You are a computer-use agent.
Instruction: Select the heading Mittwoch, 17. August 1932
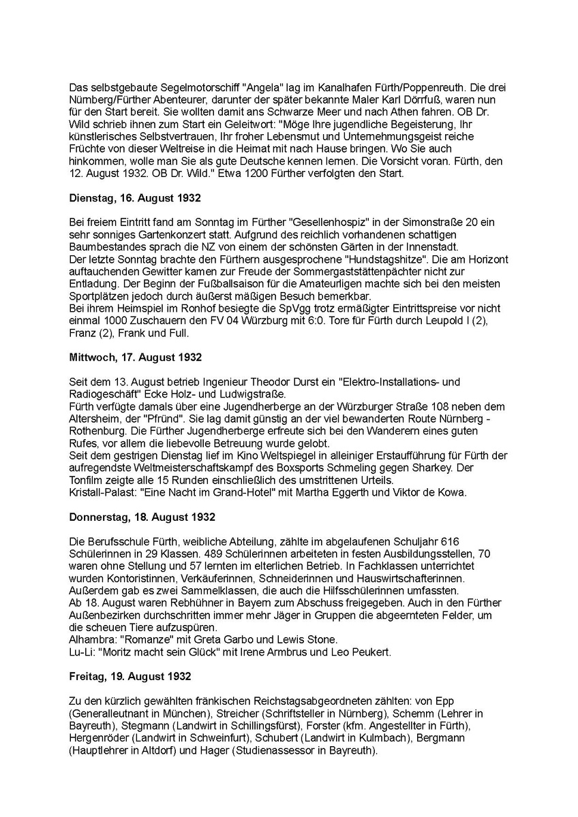point(135,357)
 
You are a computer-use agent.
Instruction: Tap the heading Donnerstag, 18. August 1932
point(141,516)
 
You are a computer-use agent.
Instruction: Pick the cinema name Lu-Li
point(80,652)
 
